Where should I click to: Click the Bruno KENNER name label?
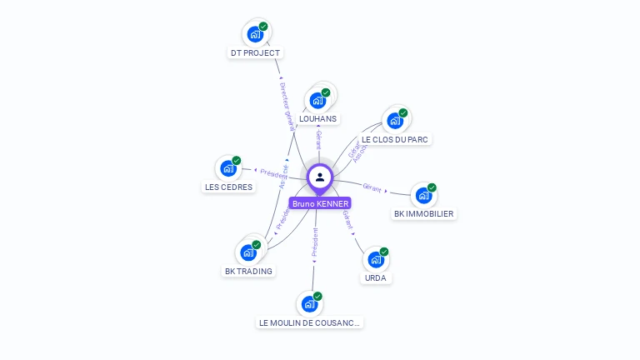pyautogui.click(x=320, y=203)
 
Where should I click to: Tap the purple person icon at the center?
pyautogui.click(x=320, y=177)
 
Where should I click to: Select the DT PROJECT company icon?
pyautogui.click(x=255, y=34)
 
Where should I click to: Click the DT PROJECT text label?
pyautogui.click(x=256, y=53)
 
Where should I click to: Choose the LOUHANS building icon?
pyautogui.click(x=317, y=100)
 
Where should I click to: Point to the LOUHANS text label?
pyautogui.click(x=318, y=119)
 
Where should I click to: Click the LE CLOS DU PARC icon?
pyautogui.click(x=395, y=120)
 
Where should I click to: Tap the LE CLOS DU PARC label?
pyautogui.click(x=396, y=139)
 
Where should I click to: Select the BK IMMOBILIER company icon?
pyautogui.click(x=423, y=195)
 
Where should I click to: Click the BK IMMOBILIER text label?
pyautogui.click(x=424, y=214)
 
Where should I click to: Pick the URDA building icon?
pyautogui.click(x=376, y=259)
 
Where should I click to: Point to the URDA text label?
pyautogui.click(x=376, y=277)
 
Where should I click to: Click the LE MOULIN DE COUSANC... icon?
pyautogui.click(x=309, y=304)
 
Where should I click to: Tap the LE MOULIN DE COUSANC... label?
pyautogui.click(x=310, y=322)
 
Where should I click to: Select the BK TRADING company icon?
pyautogui.click(x=248, y=252)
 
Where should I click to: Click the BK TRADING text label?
pyautogui.click(x=248, y=271)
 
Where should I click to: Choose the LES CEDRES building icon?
pyautogui.click(x=228, y=168)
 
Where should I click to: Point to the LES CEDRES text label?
pyautogui.click(x=228, y=187)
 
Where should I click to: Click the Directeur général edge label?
pyautogui.click(x=285, y=106)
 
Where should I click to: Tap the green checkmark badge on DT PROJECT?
pyautogui.click(x=263, y=27)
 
